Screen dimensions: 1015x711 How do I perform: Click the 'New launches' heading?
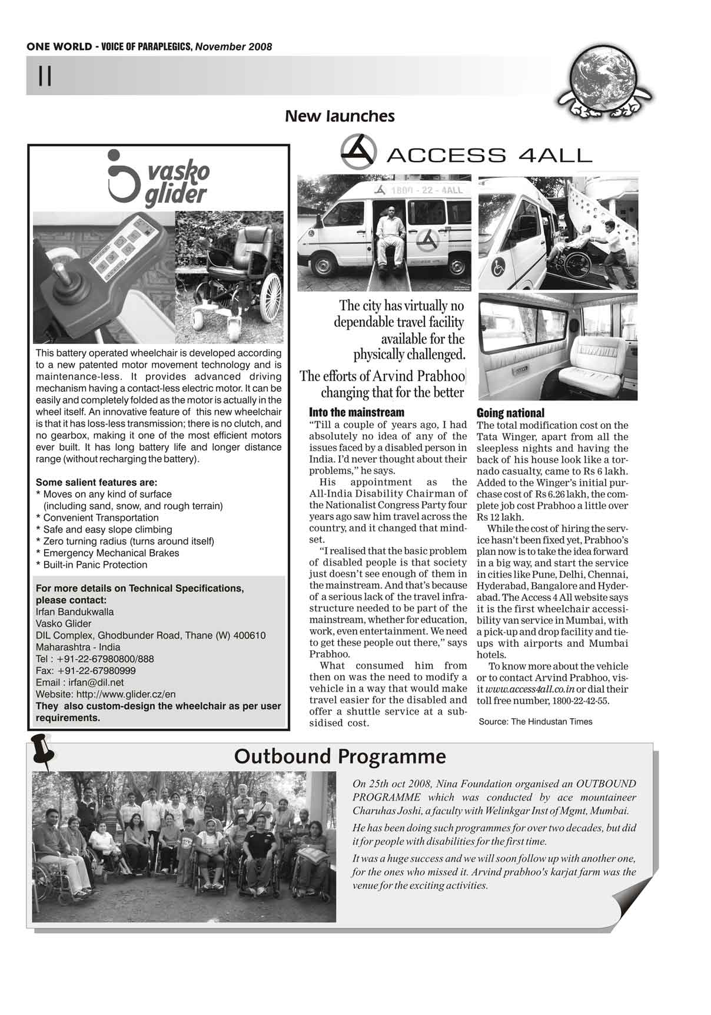[340, 116]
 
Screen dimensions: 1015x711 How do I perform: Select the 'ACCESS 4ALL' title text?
[489, 156]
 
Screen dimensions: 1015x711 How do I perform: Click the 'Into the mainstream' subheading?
[357, 412]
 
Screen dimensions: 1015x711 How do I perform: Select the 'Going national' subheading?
[510, 413]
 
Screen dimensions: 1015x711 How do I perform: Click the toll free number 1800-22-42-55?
[580, 701]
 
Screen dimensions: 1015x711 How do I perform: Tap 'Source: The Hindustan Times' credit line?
[536, 722]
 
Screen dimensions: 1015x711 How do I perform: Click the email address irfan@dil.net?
[96, 683]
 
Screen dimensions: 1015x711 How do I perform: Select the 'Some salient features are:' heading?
[97, 482]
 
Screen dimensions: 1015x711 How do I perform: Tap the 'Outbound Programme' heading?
[340, 756]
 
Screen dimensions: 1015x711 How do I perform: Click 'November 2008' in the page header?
[234, 47]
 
